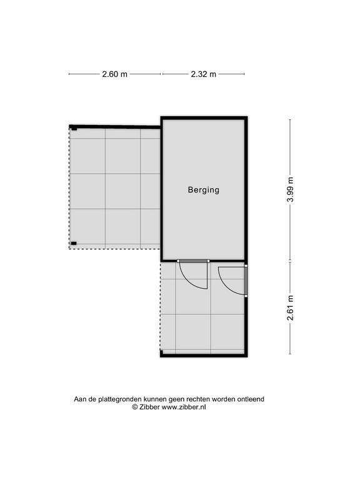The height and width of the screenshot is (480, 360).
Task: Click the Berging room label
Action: (x=204, y=190)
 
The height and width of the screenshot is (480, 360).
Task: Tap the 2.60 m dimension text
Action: (x=114, y=74)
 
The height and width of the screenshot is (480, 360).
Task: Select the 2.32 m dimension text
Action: (x=204, y=74)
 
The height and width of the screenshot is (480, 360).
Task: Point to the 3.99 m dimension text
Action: (x=290, y=189)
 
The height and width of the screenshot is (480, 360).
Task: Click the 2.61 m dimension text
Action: (x=290, y=307)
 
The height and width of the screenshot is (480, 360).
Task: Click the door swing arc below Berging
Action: (x=190, y=281)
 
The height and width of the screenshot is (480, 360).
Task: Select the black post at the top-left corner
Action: (x=74, y=128)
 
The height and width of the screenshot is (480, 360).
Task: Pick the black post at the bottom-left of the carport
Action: (x=74, y=243)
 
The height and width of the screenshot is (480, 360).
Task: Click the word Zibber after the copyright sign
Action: (x=149, y=407)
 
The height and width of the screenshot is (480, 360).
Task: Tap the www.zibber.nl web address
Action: (x=184, y=407)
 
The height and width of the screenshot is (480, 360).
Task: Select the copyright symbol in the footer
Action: (x=135, y=407)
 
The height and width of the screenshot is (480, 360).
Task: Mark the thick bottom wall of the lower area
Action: (x=204, y=355)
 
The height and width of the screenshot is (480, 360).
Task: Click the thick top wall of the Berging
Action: (x=204, y=118)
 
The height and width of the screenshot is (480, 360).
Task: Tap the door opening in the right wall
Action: (x=246, y=281)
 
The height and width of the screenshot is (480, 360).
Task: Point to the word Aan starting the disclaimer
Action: (x=80, y=399)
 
